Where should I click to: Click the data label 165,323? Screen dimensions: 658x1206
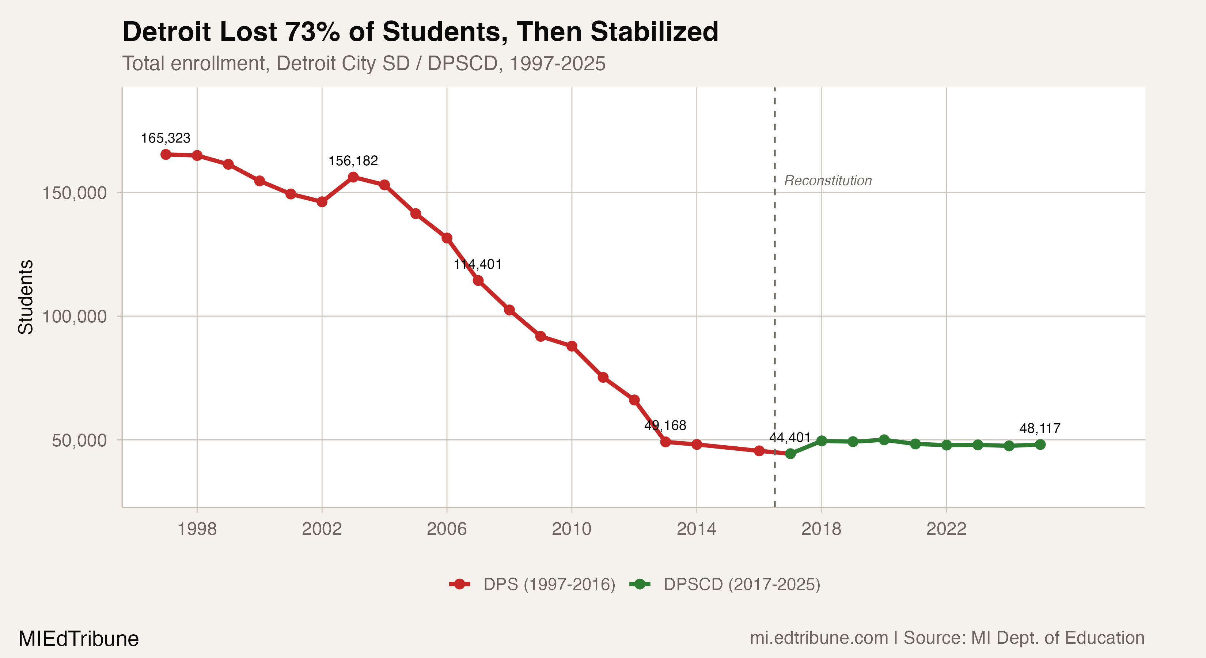pos(166,138)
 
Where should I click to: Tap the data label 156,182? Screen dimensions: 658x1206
pos(353,160)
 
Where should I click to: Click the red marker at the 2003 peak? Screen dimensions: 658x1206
pos(353,177)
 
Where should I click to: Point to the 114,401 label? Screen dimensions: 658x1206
pos(478,264)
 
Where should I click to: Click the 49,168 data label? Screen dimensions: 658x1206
pos(665,425)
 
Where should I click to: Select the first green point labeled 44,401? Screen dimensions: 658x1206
pos(790,453)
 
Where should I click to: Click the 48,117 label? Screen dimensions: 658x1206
pos(1040,428)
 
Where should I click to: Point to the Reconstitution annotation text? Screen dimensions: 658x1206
pos(828,180)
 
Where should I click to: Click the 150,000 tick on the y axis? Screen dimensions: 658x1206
pos(75,193)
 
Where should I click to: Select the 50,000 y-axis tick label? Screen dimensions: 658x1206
pos(79,440)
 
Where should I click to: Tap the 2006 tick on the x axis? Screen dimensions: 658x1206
pos(447,529)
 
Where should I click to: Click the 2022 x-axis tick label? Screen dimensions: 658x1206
pos(946,529)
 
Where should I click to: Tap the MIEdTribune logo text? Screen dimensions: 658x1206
pos(79,639)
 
